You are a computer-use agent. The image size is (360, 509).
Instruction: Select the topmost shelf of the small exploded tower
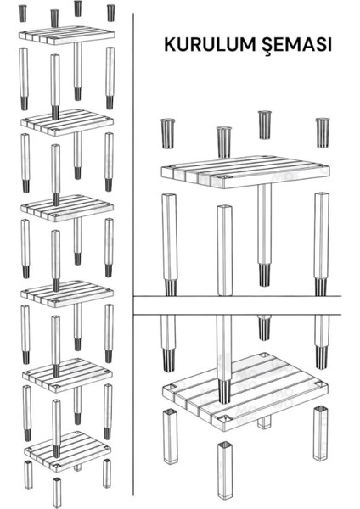(67, 35)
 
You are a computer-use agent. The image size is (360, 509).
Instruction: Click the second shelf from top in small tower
(67, 122)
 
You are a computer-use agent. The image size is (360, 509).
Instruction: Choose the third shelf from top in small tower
(67, 208)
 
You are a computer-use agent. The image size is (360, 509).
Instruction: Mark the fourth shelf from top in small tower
(67, 294)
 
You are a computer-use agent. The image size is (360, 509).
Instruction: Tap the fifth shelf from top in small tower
(68, 376)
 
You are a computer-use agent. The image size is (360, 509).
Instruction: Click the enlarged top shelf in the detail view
(245, 172)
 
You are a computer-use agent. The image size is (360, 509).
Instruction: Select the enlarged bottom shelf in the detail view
(245, 392)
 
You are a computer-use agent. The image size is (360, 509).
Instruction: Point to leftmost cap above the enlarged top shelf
(167, 133)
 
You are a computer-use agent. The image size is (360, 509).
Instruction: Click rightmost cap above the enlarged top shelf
(323, 133)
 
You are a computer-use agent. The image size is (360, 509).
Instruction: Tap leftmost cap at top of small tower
(22, 14)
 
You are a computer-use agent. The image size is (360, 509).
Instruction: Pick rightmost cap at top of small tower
(110, 13)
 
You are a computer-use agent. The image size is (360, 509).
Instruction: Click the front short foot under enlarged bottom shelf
(225, 470)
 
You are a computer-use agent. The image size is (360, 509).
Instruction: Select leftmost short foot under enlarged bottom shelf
(171, 436)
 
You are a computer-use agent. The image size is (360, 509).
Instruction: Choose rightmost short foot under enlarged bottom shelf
(320, 433)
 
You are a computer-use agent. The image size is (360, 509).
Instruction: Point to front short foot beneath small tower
(57, 492)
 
